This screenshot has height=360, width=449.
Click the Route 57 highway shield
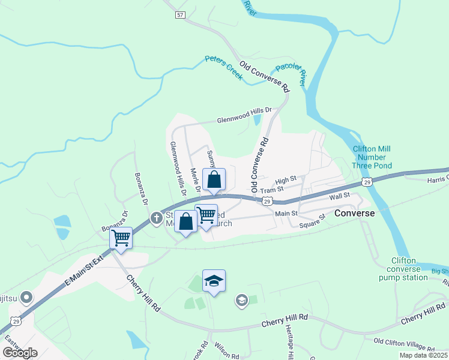(180, 14)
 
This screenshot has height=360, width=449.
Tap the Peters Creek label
(223, 67)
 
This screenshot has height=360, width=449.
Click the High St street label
(286, 179)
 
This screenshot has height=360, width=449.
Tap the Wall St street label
(339, 196)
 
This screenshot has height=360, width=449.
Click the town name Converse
(354, 213)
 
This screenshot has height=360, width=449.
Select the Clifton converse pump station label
(408, 269)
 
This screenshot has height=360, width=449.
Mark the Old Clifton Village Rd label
(404, 344)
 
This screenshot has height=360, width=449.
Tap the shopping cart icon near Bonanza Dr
(121, 238)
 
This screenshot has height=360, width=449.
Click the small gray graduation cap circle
(241, 301)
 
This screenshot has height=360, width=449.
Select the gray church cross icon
(156, 217)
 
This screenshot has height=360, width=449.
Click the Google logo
(20, 353)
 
